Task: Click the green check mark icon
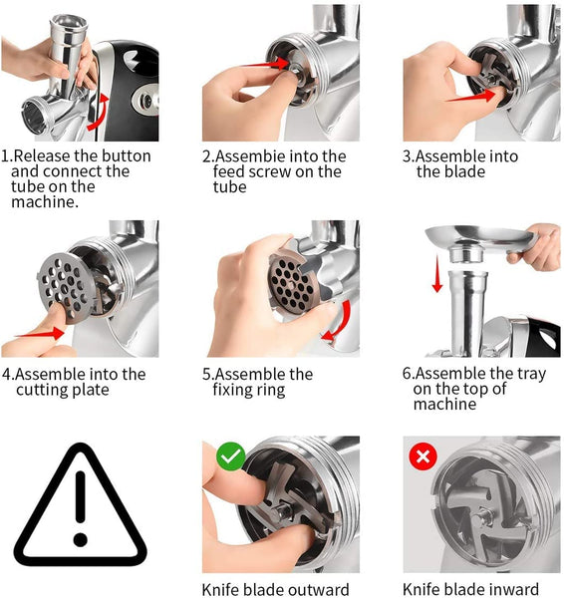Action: (x=231, y=456)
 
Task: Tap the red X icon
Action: (x=423, y=456)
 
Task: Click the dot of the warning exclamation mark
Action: (x=81, y=539)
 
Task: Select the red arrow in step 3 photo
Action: (x=472, y=96)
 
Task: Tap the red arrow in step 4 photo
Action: (x=39, y=333)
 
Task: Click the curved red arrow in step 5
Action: (x=339, y=321)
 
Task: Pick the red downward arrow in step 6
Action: (x=437, y=274)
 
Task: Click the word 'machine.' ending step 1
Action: (x=45, y=202)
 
